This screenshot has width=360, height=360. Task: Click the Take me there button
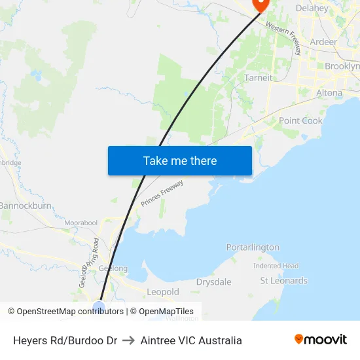tap(179, 160)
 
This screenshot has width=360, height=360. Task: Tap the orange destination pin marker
tap(260, 3)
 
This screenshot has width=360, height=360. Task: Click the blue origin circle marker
tap(99, 306)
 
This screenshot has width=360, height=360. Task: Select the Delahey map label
tap(312, 9)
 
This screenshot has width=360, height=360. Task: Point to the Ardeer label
tap(323, 42)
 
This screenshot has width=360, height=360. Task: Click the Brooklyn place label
tap(342, 66)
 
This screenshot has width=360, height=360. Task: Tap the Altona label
tap(329, 93)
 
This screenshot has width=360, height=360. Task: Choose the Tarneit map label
tap(258, 78)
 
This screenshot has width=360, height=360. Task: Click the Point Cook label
tap(300, 120)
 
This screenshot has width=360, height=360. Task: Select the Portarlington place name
tap(253, 247)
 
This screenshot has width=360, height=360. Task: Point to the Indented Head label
tap(276, 266)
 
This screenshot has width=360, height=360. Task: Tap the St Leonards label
tap(283, 281)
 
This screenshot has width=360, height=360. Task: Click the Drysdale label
tap(213, 282)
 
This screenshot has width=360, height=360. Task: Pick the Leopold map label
tap(163, 292)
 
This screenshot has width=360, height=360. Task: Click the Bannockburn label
tap(26, 206)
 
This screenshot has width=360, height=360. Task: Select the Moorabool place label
tap(81, 223)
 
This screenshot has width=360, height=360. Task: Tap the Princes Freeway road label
tap(162, 194)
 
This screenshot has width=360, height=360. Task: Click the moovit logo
tap(321, 340)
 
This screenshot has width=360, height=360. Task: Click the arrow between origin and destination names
tap(129, 340)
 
